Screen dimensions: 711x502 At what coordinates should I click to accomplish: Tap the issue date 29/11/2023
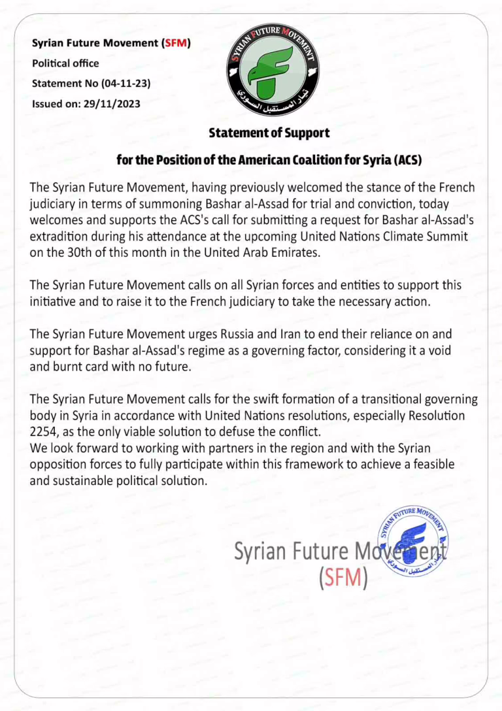[112, 103]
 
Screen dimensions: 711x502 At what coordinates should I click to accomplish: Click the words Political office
[65, 63]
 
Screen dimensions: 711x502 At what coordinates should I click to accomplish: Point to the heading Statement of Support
[269, 133]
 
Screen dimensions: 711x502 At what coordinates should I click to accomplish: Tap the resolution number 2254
[44, 432]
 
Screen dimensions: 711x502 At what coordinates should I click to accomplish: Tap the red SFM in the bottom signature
[343, 577]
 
